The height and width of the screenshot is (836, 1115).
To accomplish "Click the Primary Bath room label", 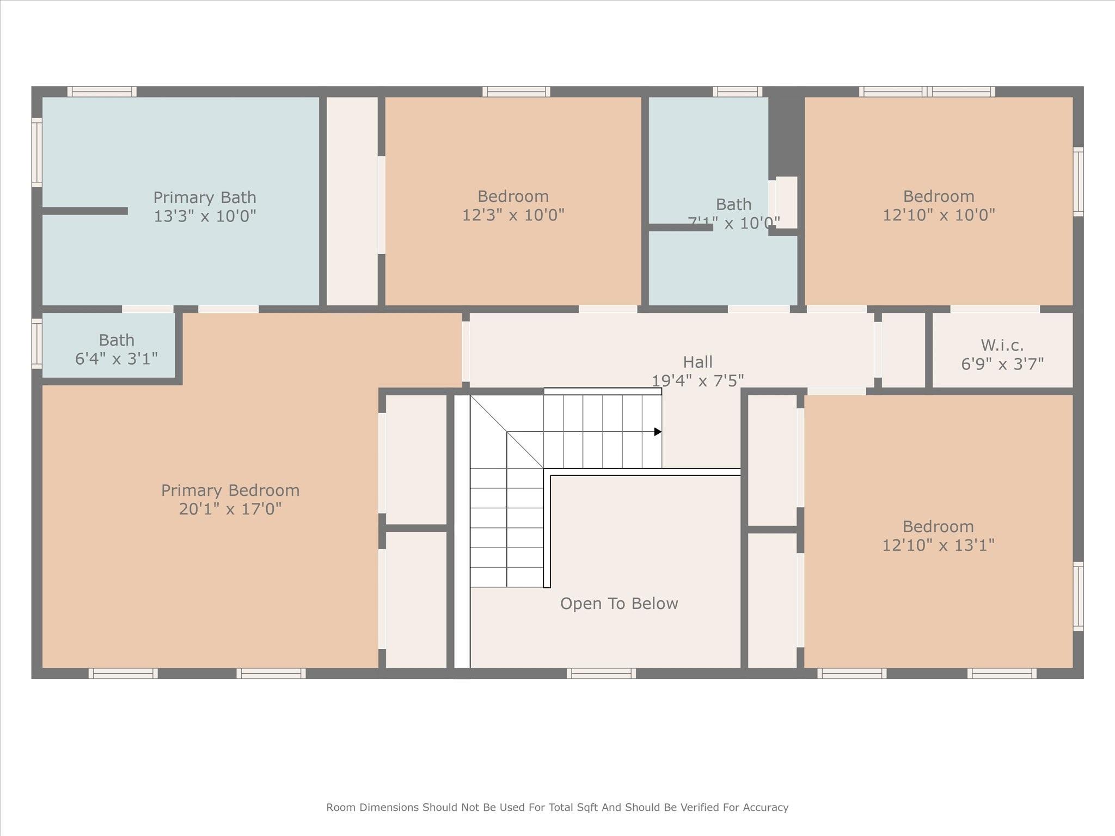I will [x=204, y=197].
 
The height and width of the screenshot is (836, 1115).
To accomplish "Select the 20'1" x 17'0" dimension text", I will [x=230, y=509].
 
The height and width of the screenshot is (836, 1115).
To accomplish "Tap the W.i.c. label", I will [x=1002, y=345].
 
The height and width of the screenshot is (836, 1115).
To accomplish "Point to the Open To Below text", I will [x=619, y=604].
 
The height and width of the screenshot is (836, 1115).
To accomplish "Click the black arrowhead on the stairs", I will [x=658, y=432].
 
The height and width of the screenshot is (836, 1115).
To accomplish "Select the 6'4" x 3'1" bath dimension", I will [x=116, y=359].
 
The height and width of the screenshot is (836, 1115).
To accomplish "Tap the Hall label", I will [x=697, y=362].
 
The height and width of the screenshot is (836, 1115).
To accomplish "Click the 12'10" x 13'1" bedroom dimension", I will [x=938, y=545].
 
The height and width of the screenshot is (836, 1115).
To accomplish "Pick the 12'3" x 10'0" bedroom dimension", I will [x=513, y=216].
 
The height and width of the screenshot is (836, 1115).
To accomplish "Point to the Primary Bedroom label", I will [x=230, y=490].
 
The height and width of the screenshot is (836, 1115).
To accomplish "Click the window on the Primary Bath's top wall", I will [x=102, y=91].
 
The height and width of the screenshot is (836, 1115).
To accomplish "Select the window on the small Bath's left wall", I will [x=36, y=343].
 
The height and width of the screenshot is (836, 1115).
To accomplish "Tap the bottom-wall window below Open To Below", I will [x=601, y=673].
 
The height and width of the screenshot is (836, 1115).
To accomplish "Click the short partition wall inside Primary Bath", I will [x=85, y=211].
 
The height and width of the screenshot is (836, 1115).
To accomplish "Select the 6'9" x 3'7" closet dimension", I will [x=1002, y=364].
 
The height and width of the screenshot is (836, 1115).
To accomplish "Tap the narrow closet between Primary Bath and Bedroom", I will [x=352, y=201].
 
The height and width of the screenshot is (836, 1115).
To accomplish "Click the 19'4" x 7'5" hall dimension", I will [x=697, y=380].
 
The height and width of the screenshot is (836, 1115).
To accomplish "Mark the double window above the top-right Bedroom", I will [x=927, y=91].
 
